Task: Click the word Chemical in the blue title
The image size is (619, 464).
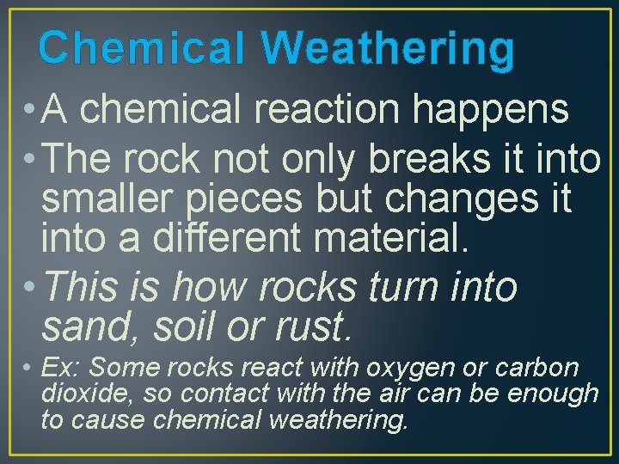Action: (x=142, y=49)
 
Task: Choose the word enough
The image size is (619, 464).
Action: (x=554, y=394)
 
